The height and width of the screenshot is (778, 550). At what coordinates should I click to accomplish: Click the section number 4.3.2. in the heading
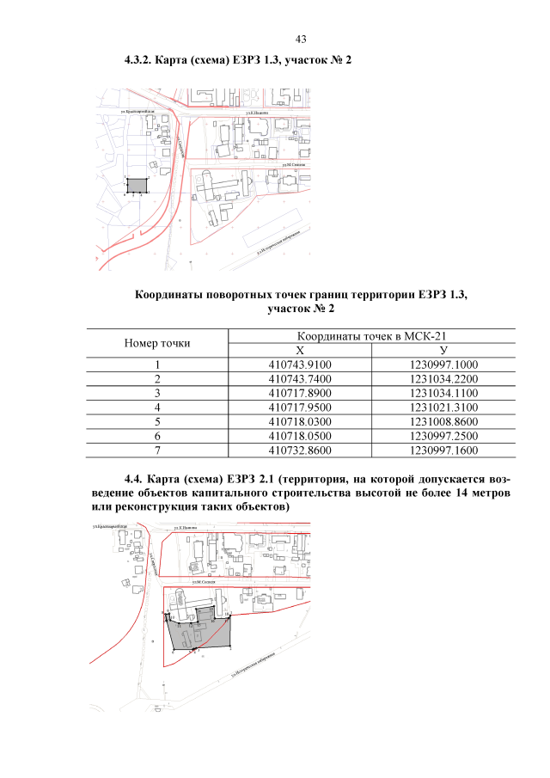coord(140,61)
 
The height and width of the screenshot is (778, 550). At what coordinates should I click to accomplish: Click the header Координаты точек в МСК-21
coord(372,336)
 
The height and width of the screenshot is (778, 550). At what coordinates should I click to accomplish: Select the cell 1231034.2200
coord(443,379)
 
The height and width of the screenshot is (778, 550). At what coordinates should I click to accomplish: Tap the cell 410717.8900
coord(299,393)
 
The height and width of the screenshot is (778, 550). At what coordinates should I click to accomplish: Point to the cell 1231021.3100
coord(443,407)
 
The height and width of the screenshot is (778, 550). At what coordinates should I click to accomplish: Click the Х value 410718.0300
coord(299,421)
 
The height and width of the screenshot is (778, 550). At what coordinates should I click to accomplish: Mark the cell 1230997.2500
coord(443,435)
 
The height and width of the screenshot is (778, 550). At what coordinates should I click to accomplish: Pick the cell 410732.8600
coord(299,449)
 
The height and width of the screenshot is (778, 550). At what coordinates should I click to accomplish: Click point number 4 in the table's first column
coord(157,407)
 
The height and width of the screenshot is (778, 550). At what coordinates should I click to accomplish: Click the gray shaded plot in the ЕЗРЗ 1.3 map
coord(137,185)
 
